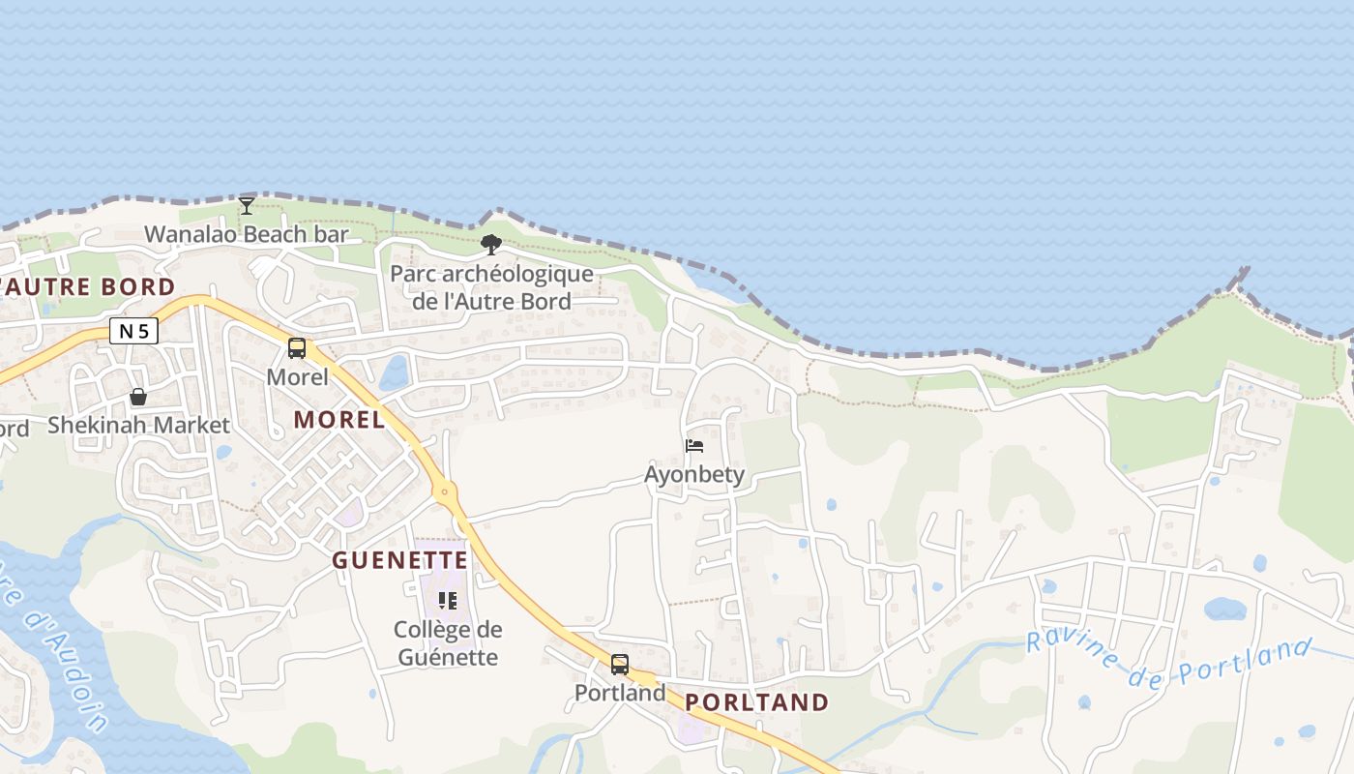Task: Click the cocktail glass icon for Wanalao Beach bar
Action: pos(247,205)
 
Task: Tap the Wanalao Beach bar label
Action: pos(246,234)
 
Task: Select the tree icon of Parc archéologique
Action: pos(491,245)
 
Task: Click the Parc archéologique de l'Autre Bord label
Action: pos(491,287)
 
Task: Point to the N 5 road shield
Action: pos(133,332)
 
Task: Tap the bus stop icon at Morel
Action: pos(297,348)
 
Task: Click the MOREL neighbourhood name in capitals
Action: pos(339,420)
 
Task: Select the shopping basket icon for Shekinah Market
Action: pos(138,397)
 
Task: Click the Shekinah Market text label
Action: pos(138,425)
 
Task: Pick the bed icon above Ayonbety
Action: pos(694,446)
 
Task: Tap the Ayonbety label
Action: pos(694,474)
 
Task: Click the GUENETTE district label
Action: pos(400,560)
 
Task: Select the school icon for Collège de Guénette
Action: pos(447,601)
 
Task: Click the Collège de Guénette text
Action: pos(447,643)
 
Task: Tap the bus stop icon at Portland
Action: pos(620,665)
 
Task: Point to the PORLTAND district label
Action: pos(757,702)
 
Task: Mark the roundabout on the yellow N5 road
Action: pos(445,492)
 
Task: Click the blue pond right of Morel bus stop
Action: pos(395,372)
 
